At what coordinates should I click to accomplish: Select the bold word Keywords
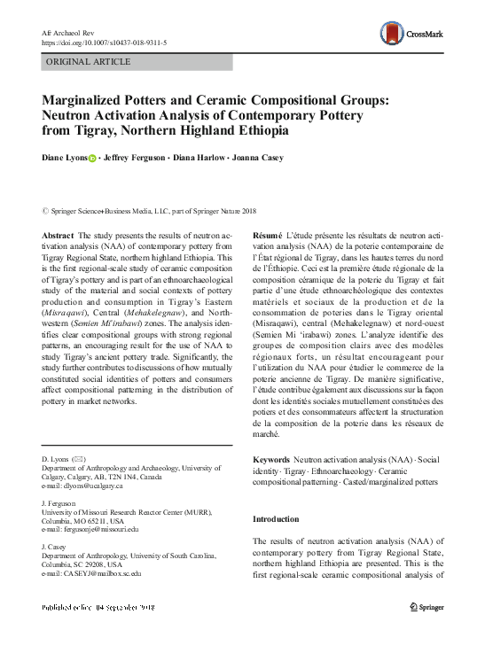270,461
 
